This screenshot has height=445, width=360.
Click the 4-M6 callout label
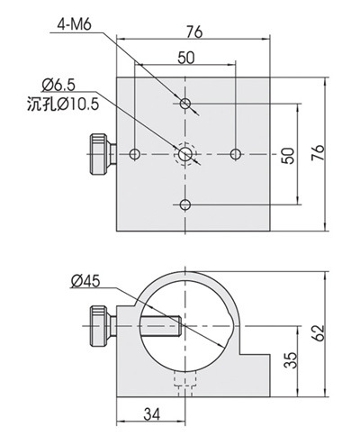pyautogui.click(x=74, y=24)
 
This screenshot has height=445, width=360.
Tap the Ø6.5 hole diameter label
pyautogui.click(x=58, y=85)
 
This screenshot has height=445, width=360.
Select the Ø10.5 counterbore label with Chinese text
pyautogui.click(x=63, y=104)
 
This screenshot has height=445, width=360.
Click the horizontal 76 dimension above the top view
pyautogui.click(x=194, y=32)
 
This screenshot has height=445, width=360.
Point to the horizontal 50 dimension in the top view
pyautogui.click(x=186, y=58)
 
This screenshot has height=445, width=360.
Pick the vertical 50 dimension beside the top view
pyautogui.click(x=288, y=155)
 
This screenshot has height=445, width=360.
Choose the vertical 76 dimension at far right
pyautogui.click(x=318, y=152)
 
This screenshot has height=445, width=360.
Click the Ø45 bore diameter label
pyautogui.click(x=85, y=281)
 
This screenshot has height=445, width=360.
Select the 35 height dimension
pyautogui.click(x=291, y=360)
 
